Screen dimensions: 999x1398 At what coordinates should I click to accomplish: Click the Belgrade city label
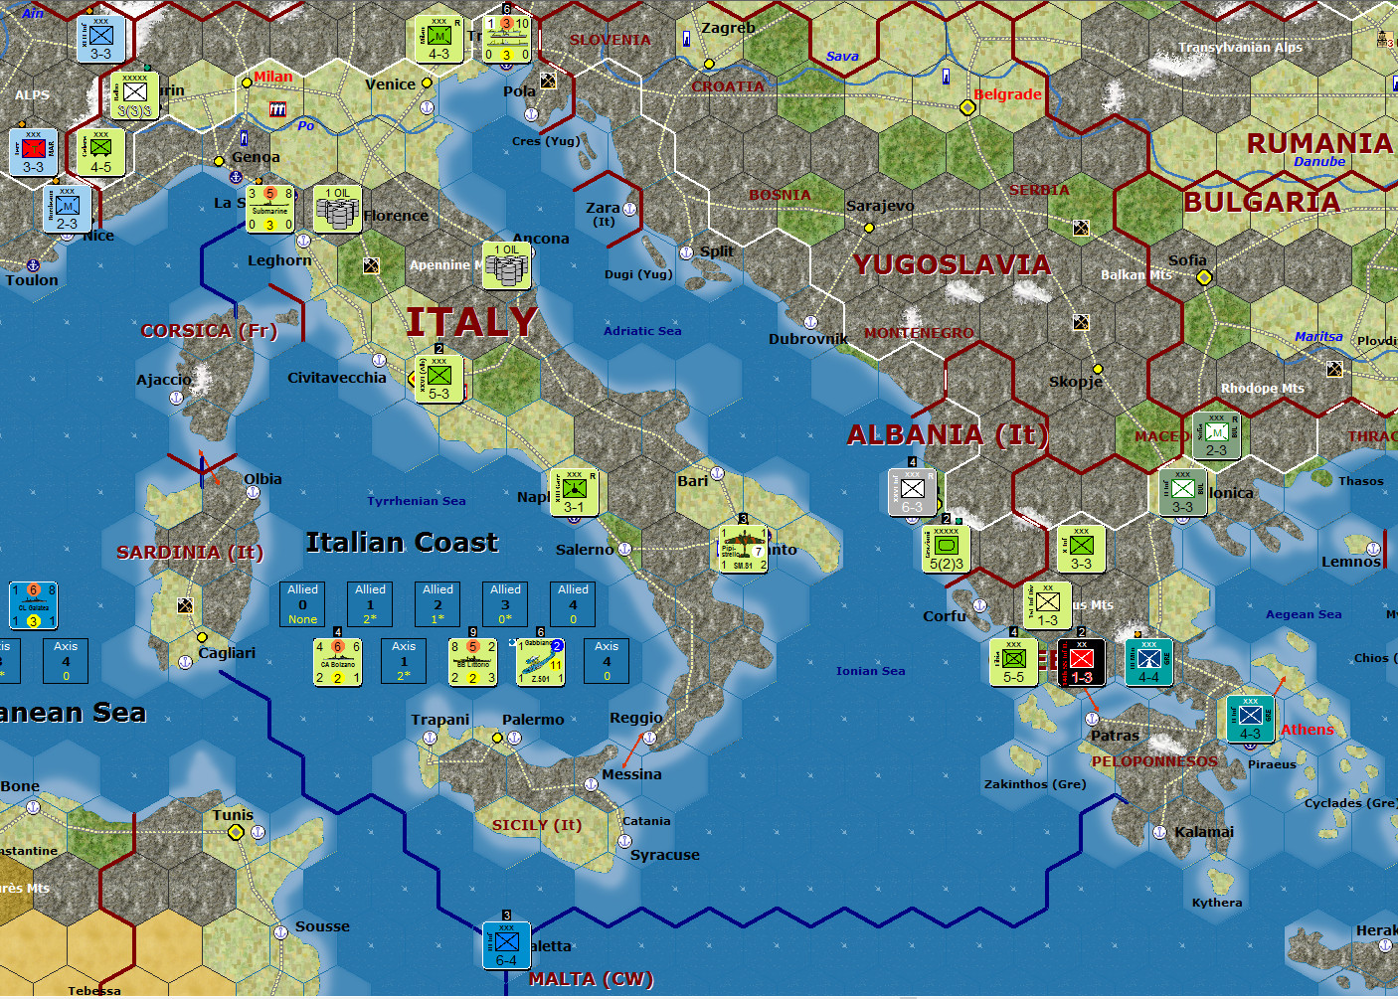click(1007, 94)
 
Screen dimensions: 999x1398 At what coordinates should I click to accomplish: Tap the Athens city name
click(1307, 730)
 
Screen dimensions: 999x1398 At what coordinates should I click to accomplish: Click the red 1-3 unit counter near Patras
click(1081, 663)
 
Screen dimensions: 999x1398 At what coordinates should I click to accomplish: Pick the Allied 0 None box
click(302, 603)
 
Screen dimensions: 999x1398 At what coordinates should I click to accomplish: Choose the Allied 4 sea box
click(573, 603)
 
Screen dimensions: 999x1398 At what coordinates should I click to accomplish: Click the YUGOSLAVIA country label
click(952, 264)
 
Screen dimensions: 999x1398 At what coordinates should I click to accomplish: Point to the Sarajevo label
click(880, 206)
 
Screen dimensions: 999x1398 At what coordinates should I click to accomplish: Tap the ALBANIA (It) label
click(946, 434)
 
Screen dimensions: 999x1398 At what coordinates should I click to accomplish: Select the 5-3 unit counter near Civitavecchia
click(438, 380)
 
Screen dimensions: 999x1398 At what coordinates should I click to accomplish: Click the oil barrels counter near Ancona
click(506, 265)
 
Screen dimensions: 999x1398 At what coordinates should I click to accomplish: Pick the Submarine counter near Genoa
click(269, 209)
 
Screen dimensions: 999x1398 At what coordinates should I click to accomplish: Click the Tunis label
click(233, 815)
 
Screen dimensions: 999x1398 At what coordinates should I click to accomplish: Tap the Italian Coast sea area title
click(402, 542)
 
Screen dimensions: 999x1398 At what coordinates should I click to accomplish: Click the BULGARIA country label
click(1261, 202)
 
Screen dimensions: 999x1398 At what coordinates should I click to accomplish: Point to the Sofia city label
click(1187, 260)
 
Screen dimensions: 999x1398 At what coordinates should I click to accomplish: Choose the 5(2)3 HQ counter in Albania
click(947, 550)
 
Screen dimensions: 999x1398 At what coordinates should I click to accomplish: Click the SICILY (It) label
click(537, 825)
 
